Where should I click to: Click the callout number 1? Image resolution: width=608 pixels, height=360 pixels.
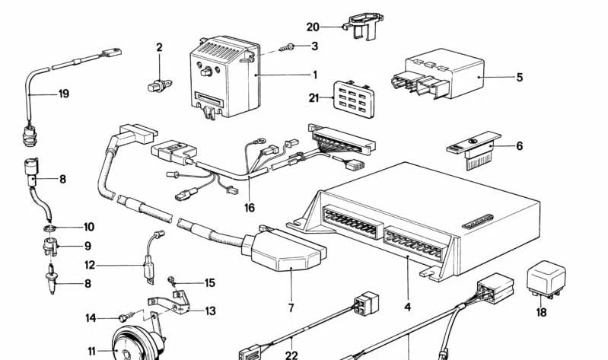coord(314,75)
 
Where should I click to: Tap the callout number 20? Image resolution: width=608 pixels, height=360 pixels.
coord(313,27)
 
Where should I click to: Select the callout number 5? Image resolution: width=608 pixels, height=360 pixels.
coord(519,77)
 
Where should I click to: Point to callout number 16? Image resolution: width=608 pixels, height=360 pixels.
coord(250,208)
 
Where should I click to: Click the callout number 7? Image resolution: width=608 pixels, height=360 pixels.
coord(291,308)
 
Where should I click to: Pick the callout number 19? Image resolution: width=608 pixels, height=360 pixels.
coord(64,94)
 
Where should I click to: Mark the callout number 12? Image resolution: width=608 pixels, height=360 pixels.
coord(90,266)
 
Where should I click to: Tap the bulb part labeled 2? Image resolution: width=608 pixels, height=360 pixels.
coord(156,84)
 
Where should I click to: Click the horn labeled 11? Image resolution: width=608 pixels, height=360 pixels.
coord(134,342)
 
